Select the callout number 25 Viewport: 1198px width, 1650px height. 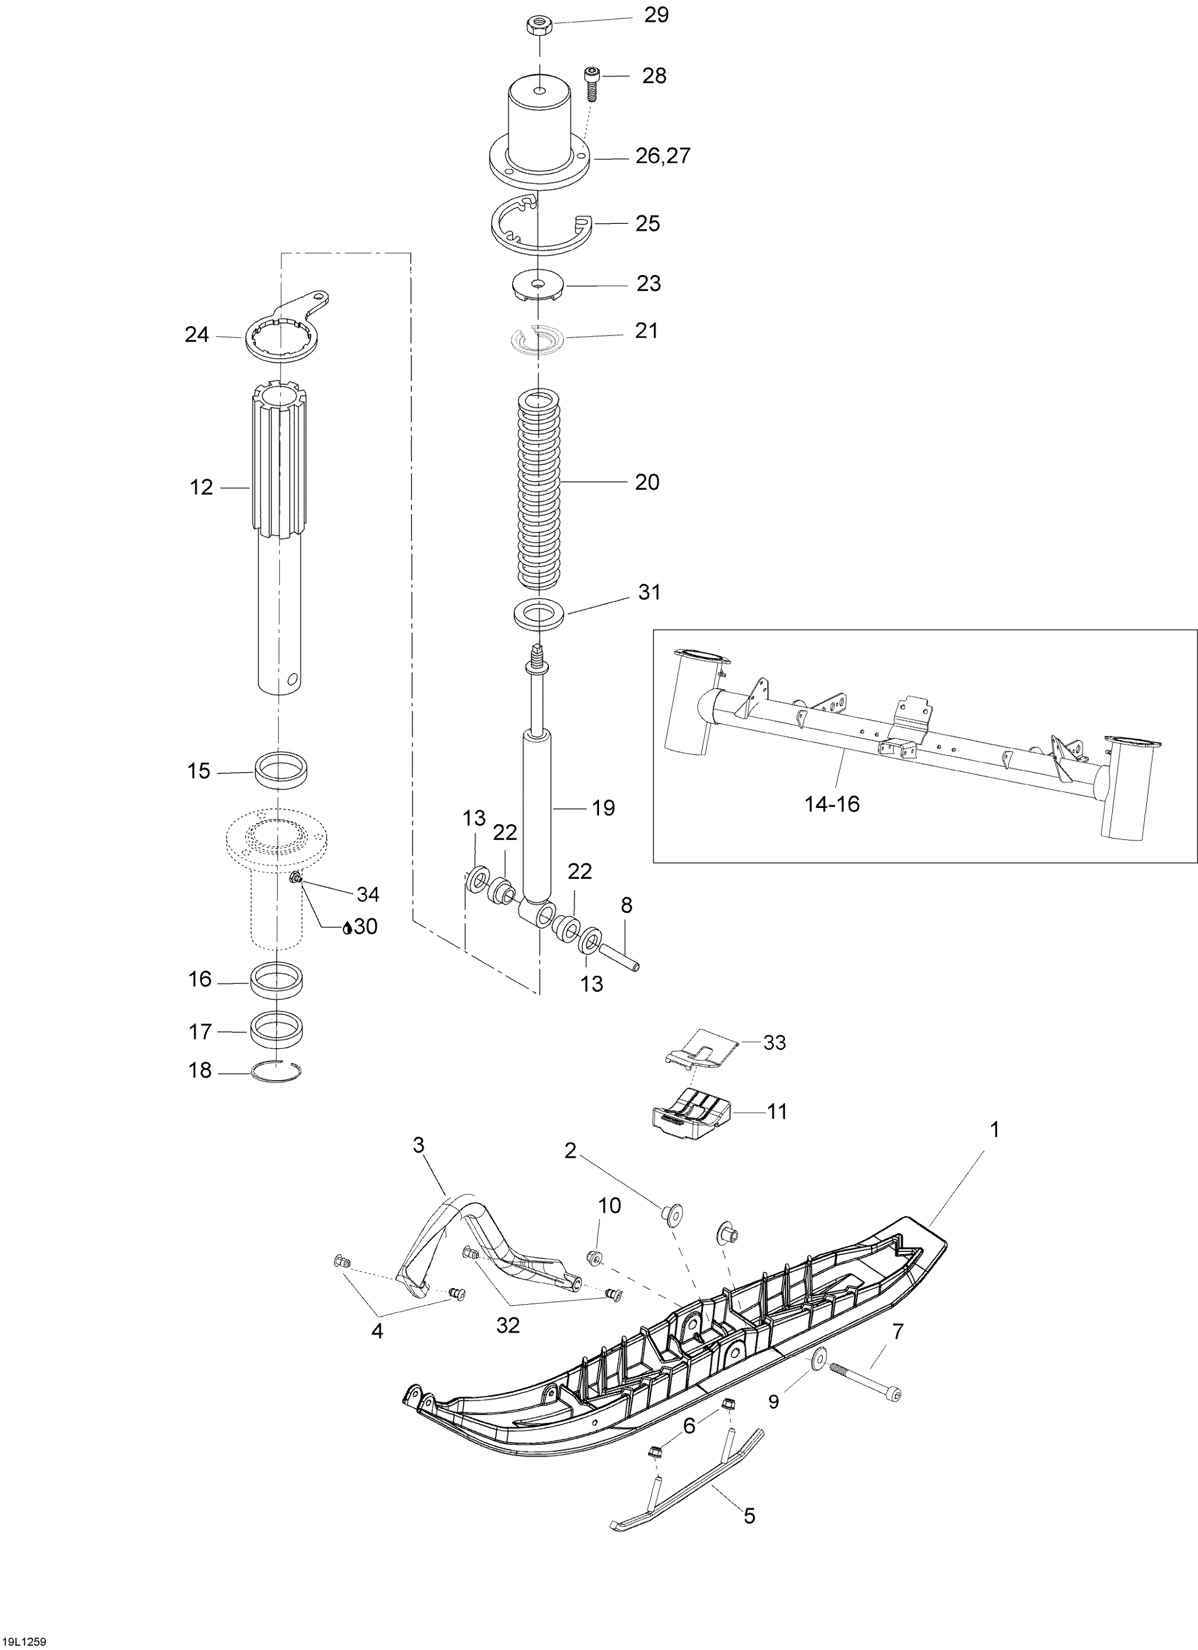(647, 223)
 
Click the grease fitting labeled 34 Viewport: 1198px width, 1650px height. (296, 881)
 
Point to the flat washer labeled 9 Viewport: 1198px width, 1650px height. (817, 1357)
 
